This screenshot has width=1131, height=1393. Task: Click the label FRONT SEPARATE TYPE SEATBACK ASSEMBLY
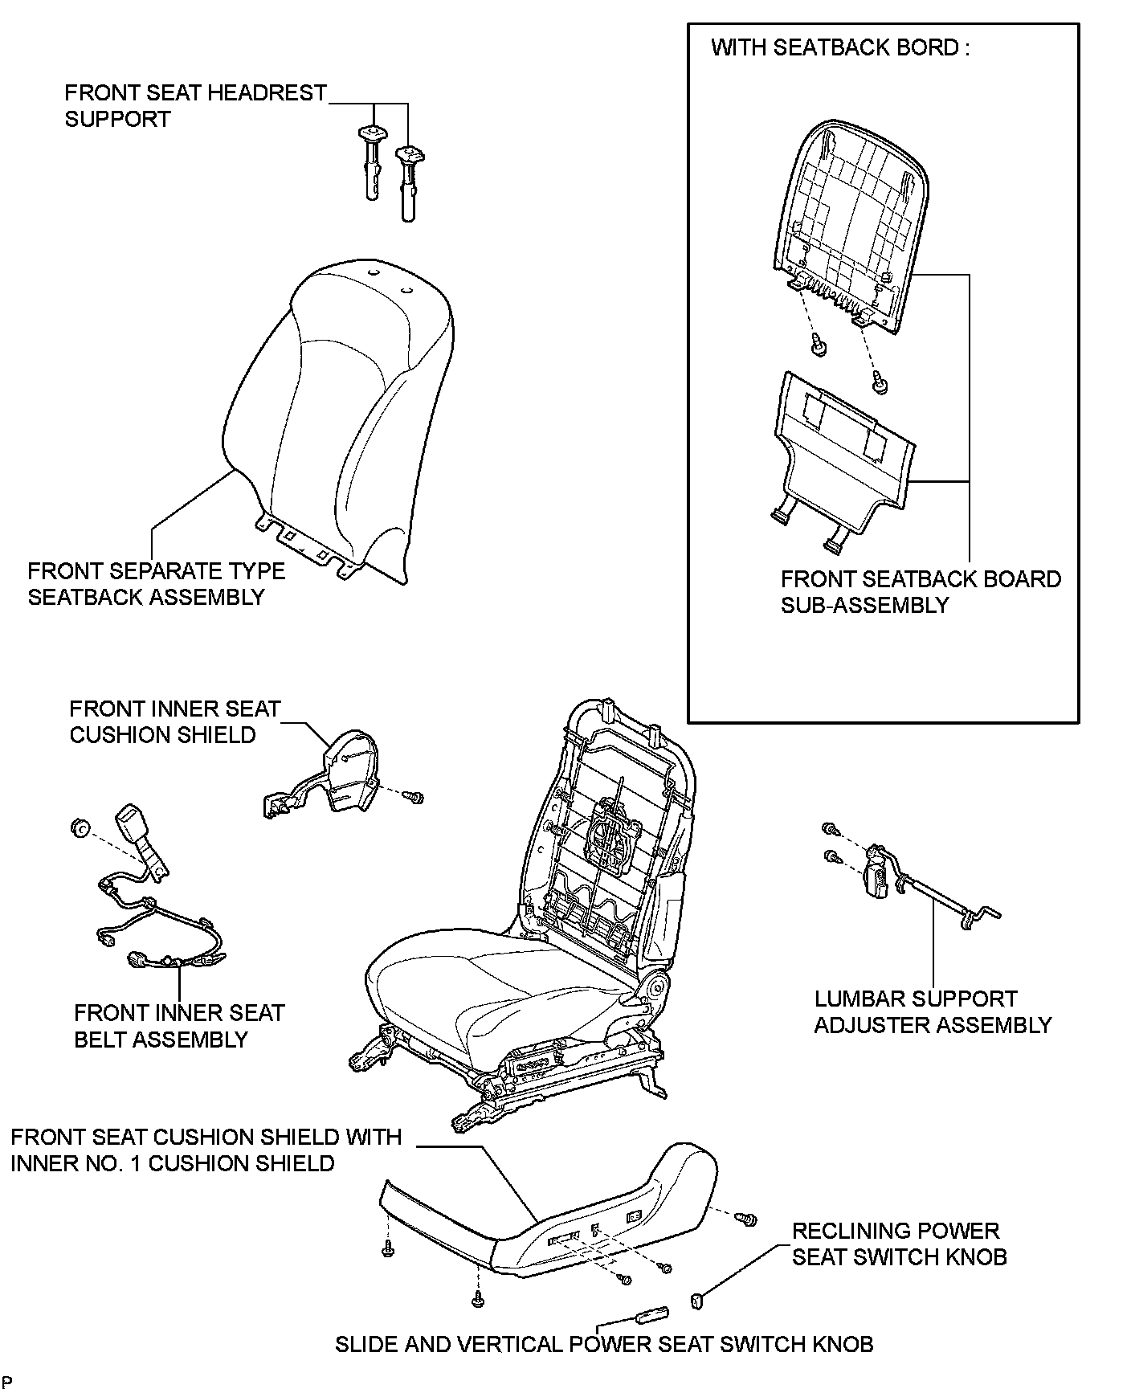coord(157,584)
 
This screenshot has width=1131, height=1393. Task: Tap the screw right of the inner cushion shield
coord(414,797)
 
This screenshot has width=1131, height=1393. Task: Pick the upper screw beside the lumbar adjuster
coord(830,828)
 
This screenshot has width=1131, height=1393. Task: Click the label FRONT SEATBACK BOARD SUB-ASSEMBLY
coord(921,592)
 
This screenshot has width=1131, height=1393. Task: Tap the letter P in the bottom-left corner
coord(7,1382)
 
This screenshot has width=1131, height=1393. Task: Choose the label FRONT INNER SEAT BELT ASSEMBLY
coord(180,1026)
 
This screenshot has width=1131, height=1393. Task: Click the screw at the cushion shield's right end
coord(747,1219)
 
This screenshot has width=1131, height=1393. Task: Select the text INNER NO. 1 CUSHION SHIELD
coord(173,1163)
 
